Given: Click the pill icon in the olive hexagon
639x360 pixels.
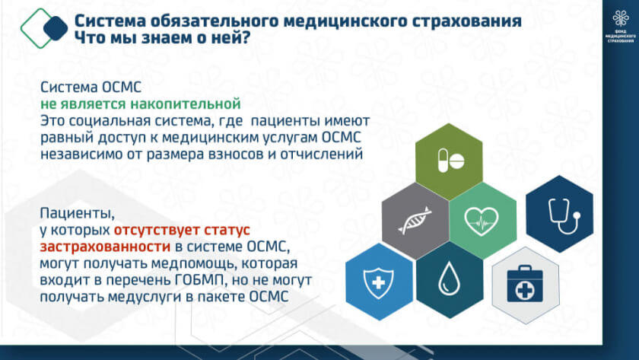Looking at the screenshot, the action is (x=450, y=161).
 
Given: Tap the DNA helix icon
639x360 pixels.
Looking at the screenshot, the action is (x=415, y=220).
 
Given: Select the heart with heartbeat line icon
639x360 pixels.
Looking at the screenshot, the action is (x=482, y=221).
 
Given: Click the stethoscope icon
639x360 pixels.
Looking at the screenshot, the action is (x=564, y=215).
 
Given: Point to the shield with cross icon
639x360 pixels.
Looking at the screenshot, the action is (x=378, y=282).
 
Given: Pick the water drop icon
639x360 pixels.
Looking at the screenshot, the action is (x=449, y=279).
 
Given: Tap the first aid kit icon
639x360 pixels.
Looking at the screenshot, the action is (x=524, y=283).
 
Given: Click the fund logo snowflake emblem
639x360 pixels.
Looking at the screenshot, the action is (x=620, y=18).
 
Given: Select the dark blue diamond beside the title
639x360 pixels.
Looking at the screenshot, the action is (x=56, y=28).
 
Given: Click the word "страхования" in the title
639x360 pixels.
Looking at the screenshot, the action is (x=466, y=21).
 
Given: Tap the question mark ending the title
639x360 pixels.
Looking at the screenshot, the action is (x=245, y=37).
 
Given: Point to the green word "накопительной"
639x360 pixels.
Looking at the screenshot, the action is (x=186, y=104).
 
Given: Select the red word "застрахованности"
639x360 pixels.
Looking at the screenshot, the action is (x=105, y=247).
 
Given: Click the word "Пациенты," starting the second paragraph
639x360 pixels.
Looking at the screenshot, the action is (x=78, y=214).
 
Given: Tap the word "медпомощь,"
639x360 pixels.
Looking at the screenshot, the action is (x=194, y=264).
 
